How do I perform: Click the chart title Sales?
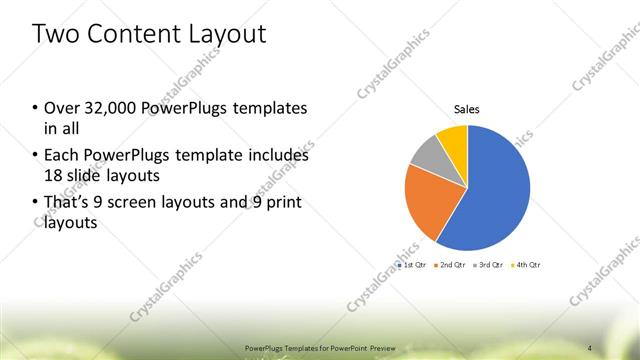click(x=467, y=109)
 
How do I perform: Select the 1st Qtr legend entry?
click(x=413, y=265)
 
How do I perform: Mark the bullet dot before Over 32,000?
click(x=36, y=108)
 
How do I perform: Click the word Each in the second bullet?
click(x=61, y=156)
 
